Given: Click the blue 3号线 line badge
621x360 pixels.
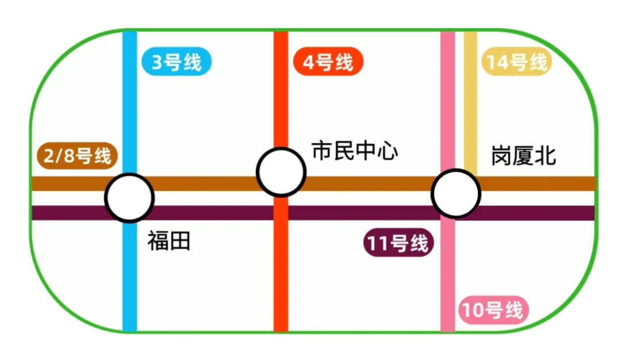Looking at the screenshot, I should pyautogui.click(x=177, y=62).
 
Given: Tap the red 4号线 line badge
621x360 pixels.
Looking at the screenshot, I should pyautogui.click(x=328, y=62).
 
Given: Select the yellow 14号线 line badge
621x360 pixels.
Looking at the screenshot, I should pyautogui.click(x=516, y=62).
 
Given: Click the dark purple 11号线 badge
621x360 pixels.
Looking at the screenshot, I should pyautogui.click(x=398, y=244).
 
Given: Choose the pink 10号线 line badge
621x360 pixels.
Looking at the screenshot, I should pyautogui.click(x=493, y=311).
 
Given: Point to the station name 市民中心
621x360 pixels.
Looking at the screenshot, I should pyautogui.click(x=354, y=151).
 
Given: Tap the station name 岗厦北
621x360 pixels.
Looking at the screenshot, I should pyautogui.click(x=523, y=156).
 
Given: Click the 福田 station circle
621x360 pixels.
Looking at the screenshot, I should pyautogui.click(x=129, y=198).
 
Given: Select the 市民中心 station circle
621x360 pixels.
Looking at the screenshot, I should pyautogui.click(x=281, y=172).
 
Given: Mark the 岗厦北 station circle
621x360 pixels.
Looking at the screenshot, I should pyautogui.click(x=456, y=194).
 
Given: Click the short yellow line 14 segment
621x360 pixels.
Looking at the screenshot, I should pyautogui.click(x=470, y=104).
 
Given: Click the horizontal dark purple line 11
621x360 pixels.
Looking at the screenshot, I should pyautogui.click(x=368, y=213).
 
